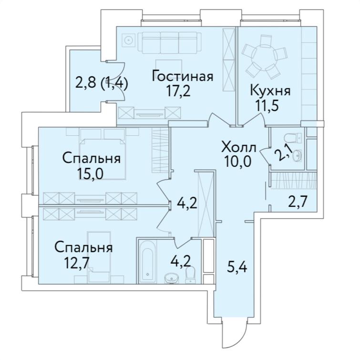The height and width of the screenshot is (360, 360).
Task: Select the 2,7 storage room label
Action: pos(297,200)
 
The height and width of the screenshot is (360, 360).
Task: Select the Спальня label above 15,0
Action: pos(91,158)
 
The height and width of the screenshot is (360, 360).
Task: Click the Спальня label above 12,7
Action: pos(83,247)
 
